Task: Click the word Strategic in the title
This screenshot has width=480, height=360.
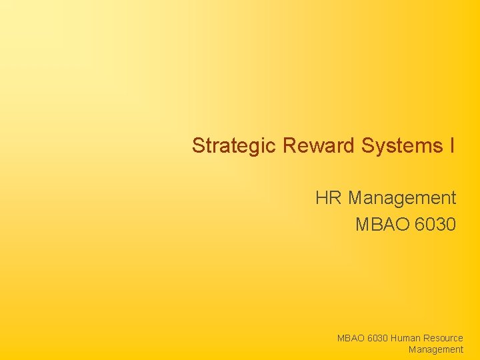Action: (x=234, y=145)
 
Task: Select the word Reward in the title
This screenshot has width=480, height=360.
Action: (x=319, y=145)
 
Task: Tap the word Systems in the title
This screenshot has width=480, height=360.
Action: (x=399, y=145)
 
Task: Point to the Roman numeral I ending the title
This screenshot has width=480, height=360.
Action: (x=452, y=145)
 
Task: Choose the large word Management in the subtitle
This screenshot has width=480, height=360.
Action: (x=402, y=198)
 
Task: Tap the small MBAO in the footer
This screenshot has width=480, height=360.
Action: (x=351, y=339)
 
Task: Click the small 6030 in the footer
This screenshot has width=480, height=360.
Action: (x=378, y=339)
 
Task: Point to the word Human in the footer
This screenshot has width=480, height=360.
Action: (x=406, y=339)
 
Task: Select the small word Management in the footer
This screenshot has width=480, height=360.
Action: (x=436, y=349)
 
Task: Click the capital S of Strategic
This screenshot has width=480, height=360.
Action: (x=198, y=145)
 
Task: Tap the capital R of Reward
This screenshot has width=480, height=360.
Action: (x=289, y=145)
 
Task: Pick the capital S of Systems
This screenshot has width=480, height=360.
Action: (x=367, y=145)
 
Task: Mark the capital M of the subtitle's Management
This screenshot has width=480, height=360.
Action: (x=355, y=198)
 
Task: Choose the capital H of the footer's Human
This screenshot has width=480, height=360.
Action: (x=395, y=339)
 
